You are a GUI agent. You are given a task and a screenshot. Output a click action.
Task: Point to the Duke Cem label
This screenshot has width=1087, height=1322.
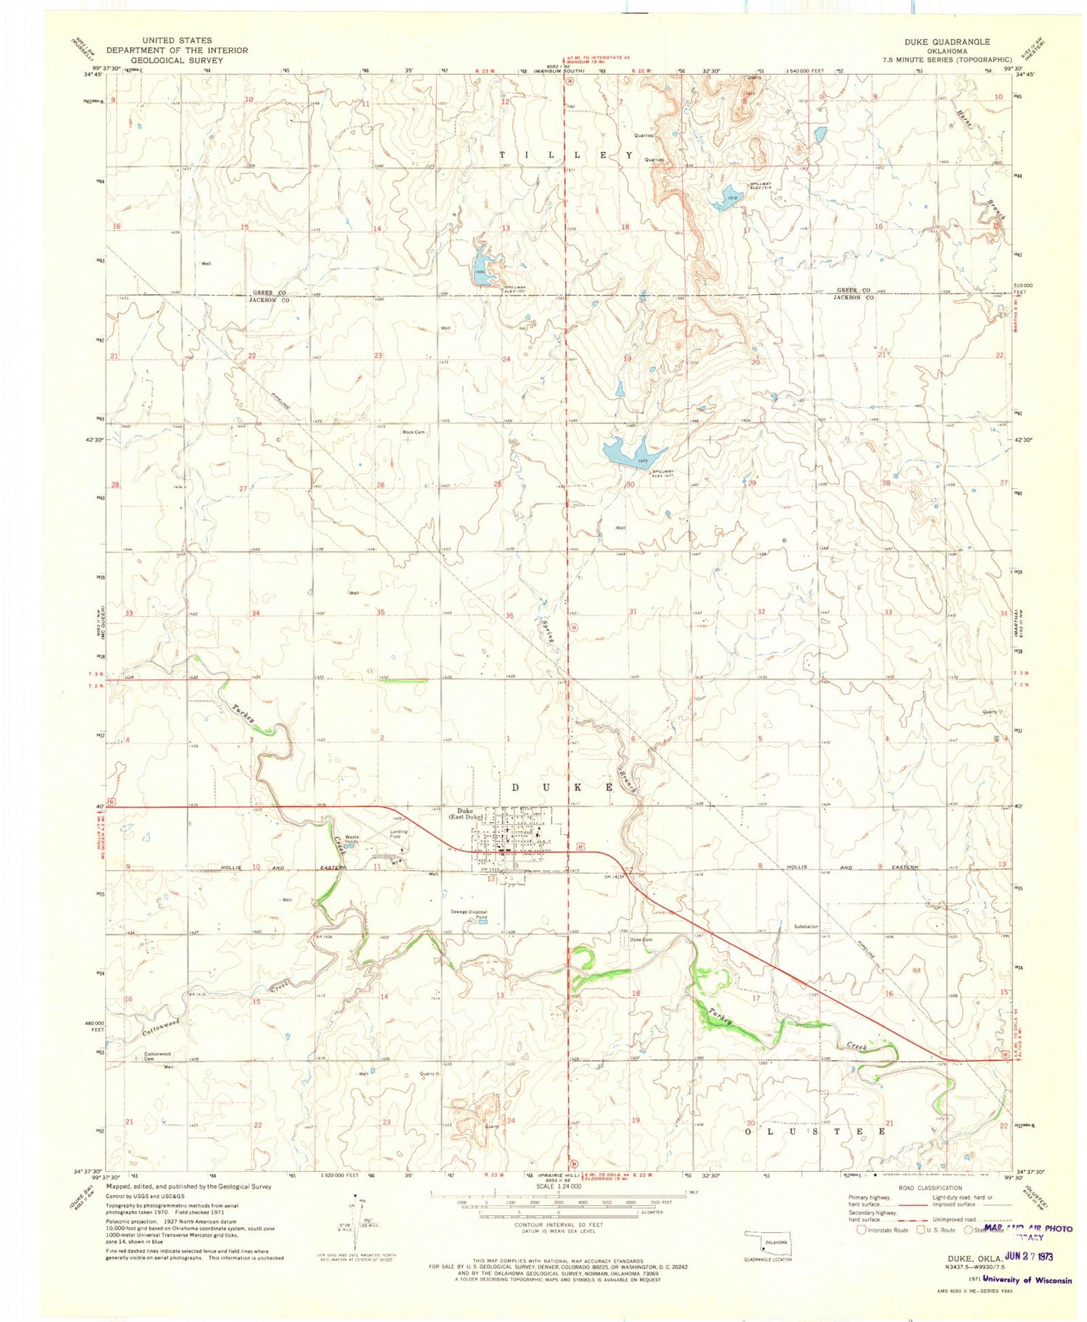point(641,940)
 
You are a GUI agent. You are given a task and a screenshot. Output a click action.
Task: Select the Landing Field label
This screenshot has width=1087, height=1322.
point(399,833)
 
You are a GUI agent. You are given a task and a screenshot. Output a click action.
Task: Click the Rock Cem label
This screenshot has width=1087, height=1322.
point(413,432)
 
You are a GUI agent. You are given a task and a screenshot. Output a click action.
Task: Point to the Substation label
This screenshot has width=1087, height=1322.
point(806,926)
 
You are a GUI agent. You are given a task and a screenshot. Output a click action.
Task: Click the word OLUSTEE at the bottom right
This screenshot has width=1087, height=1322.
point(815,1130)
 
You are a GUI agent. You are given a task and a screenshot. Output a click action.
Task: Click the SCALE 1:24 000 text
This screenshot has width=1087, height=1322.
point(558,1187)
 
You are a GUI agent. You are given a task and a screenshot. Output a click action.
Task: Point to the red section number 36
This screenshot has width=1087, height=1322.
point(509,615)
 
